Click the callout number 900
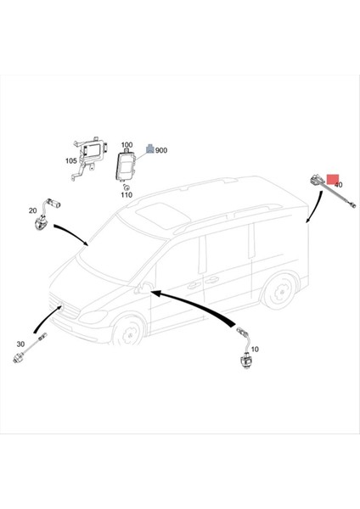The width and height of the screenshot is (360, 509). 161,150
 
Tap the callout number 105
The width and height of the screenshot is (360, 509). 71,160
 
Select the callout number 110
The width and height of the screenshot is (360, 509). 127,195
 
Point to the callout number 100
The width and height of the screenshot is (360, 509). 127,145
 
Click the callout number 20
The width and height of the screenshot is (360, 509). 33,210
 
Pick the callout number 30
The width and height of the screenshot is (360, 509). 20,344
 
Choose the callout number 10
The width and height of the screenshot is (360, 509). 255,350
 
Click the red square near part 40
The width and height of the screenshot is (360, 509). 333,179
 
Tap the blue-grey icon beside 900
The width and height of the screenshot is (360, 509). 149,148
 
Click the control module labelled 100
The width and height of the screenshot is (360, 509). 125,165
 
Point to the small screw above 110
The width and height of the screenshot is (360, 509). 127,187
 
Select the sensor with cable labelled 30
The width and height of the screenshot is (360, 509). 30,348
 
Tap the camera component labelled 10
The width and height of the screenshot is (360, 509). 245,349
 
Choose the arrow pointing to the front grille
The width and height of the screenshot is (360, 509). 46,318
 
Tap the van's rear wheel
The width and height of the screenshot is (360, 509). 279,292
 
